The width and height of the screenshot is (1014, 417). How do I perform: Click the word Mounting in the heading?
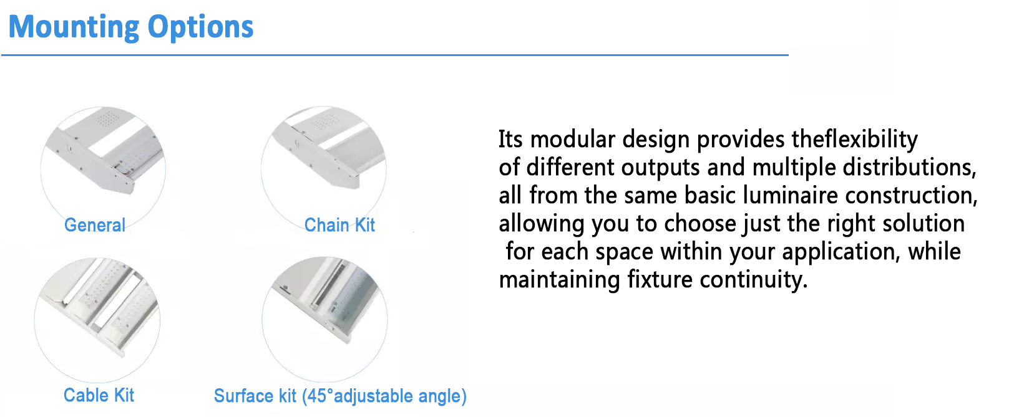74,27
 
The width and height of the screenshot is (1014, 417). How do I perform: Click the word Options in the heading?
200,27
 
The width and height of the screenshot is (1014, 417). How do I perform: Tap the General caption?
95,225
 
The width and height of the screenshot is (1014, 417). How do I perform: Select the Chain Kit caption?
339,225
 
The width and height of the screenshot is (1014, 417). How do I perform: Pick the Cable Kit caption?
99,395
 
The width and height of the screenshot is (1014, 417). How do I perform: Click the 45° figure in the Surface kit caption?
318,396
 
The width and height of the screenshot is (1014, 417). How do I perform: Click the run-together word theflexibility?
855,140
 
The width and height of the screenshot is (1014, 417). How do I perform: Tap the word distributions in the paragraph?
909,167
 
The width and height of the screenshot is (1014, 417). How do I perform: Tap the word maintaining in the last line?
560,280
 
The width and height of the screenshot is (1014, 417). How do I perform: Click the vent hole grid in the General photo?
108,119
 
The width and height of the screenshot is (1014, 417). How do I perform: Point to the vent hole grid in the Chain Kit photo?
324,121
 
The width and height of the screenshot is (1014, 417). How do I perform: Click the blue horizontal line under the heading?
395,55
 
